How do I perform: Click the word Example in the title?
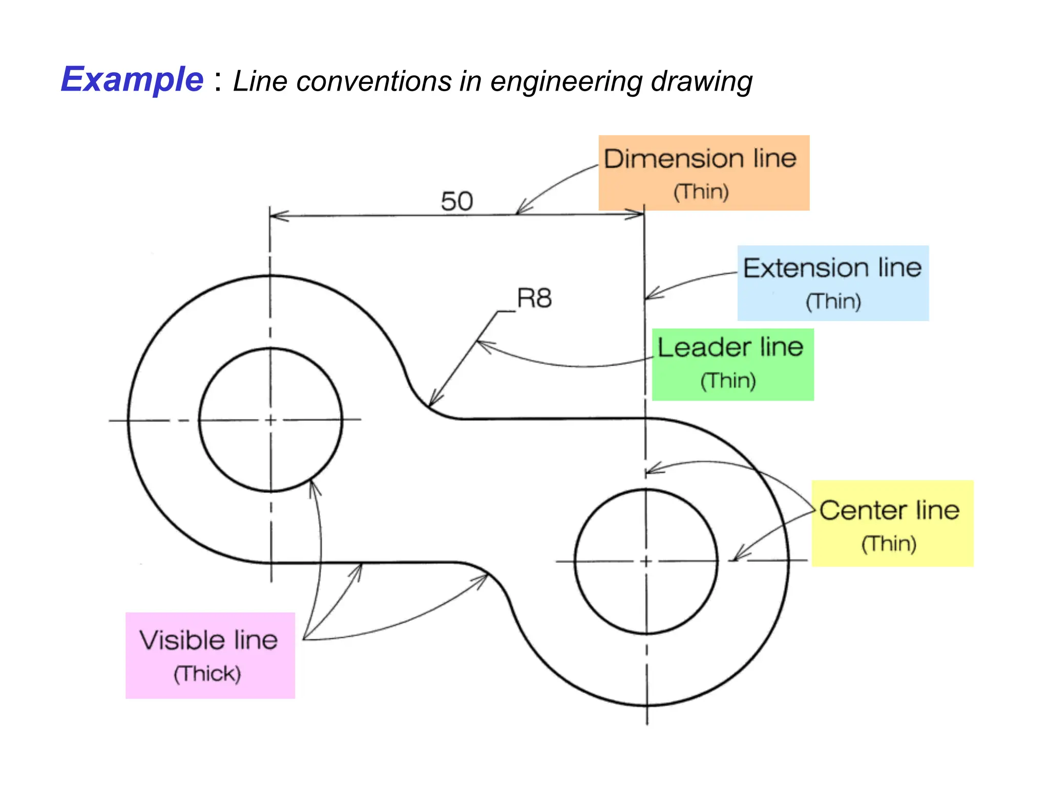click(132, 80)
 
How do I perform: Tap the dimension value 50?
click(457, 201)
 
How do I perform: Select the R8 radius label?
click(534, 298)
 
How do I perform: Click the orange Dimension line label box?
click(704, 172)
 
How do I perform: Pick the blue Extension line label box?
click(833, 283)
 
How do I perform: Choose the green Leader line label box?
click(732, 364)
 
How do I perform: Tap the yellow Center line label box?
click(892, 523)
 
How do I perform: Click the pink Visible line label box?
click(210, 655)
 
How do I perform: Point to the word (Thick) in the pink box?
click(207, 673)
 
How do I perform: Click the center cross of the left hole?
click(271, 420)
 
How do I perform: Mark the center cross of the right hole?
click(646, 561)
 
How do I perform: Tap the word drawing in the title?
click(701, 81)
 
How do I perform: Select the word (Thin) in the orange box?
click(701, 192)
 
